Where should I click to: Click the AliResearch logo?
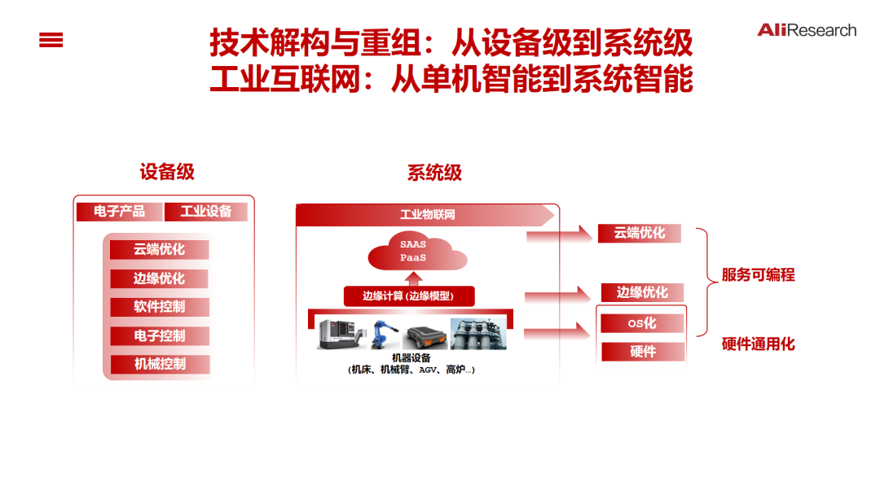[807, 30]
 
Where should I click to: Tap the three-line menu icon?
[51, 40]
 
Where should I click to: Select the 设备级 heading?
[167, 172]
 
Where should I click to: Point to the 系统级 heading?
[434, 173]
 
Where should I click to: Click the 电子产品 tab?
[119, 212]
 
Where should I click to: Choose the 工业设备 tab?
[206, 212]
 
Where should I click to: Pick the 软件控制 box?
[160, 307]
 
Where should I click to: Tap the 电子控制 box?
[160, 335]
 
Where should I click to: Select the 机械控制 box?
[160, 364]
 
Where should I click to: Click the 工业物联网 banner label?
[427, 215]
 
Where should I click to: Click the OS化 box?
[642, 323]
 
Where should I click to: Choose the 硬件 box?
[642, 352]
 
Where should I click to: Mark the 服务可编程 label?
[758, 275]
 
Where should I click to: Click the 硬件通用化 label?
[758, 344]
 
